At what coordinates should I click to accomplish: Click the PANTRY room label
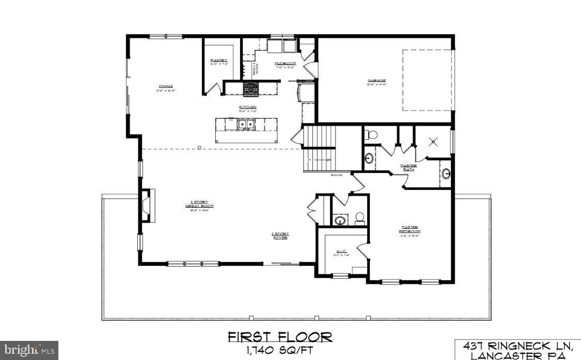pos(218,60)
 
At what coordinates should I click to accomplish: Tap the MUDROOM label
pos(286,64)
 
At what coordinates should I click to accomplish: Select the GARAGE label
pos(376,81)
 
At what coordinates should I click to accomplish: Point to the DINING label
pos(166,86)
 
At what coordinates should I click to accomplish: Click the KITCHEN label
pos(247,107)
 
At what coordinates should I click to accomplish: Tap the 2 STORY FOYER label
pos(280,236)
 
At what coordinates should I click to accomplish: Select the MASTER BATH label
pos(409,167)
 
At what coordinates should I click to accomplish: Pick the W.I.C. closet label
pos(340,252)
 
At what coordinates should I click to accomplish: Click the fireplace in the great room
pos(147,206)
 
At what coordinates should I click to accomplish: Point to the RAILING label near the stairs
pos(337,175)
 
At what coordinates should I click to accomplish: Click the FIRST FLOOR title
pos(280,338)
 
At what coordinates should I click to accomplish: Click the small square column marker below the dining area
pos(199,148)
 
